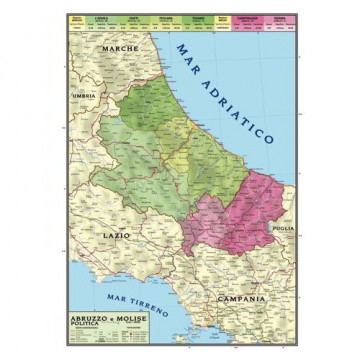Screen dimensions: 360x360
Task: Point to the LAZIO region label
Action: [x=118, y=237]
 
